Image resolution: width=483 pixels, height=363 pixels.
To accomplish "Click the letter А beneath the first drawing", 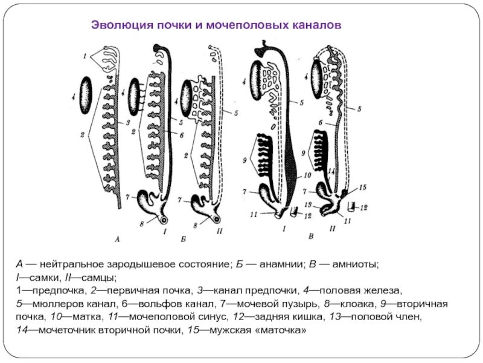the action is point(118,240).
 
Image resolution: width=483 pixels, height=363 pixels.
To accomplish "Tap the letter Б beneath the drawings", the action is point(183,240).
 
